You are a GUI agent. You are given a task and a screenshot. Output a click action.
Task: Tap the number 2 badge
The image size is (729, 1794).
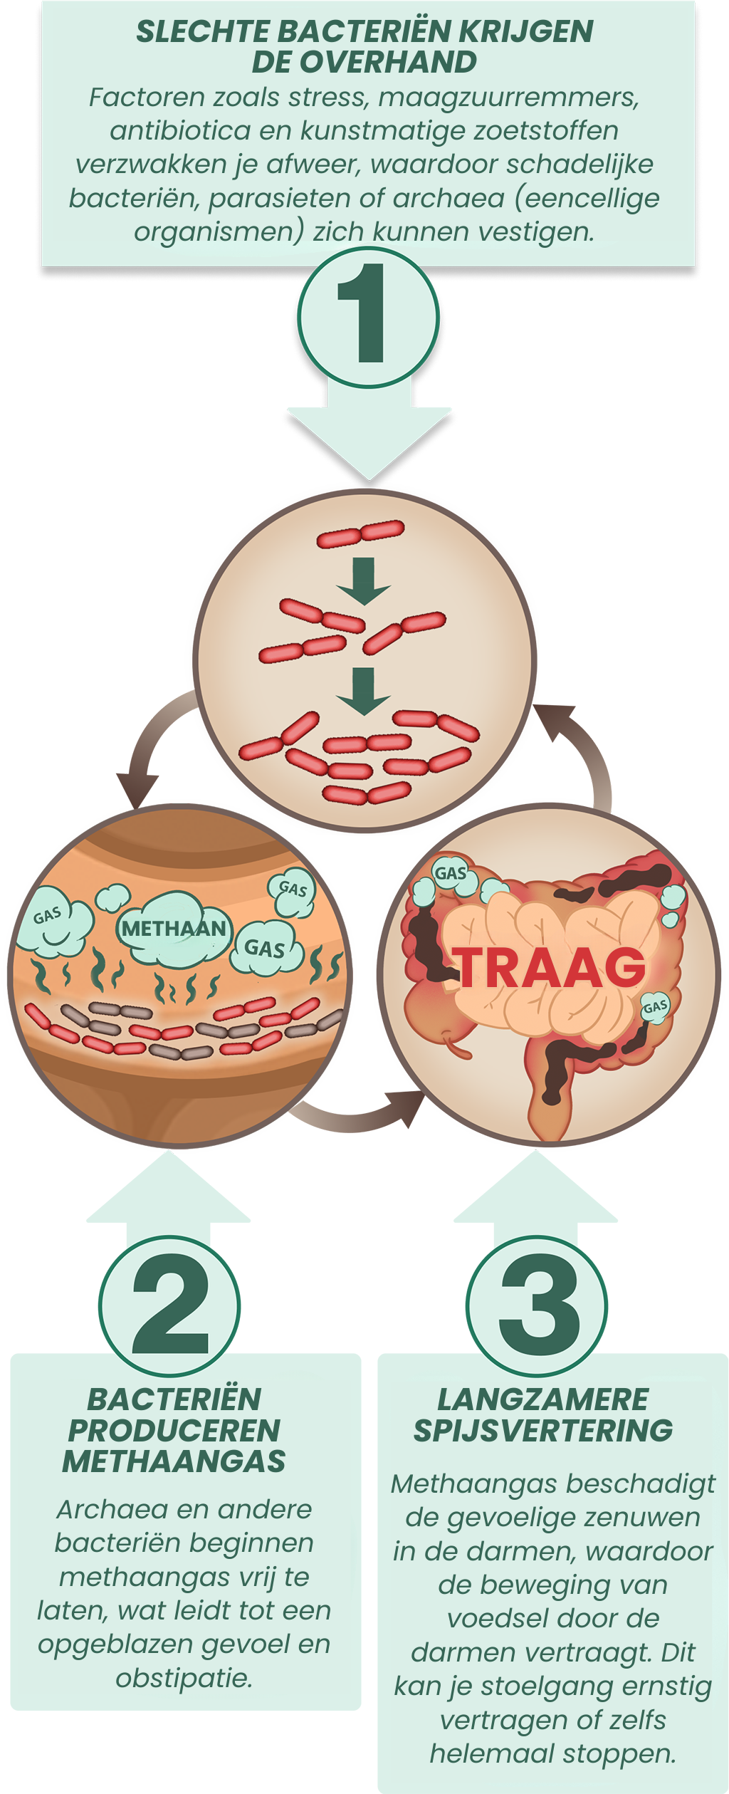tap(170, 1305)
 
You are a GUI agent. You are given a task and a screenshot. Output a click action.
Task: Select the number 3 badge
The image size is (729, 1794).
tap(537, 1305)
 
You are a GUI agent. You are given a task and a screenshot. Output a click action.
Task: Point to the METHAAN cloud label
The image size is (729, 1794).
tap(174, 929)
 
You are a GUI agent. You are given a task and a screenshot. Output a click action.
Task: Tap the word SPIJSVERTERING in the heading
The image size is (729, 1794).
tap(543, 1430)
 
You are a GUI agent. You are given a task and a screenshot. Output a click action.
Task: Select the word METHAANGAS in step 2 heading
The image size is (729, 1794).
tap(174, 1461)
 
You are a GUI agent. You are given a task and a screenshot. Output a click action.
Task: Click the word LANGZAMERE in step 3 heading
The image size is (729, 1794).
tap(543, 1399)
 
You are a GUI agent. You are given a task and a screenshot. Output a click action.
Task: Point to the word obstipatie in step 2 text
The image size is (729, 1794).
tap(184, 1678)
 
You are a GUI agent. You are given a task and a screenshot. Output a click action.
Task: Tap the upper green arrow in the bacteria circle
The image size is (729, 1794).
tap(364, 580)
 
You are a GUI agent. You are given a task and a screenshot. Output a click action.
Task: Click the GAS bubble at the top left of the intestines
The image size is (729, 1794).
tap(451, 873)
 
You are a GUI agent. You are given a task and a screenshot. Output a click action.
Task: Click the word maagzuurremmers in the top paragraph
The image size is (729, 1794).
tap(508, 98)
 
